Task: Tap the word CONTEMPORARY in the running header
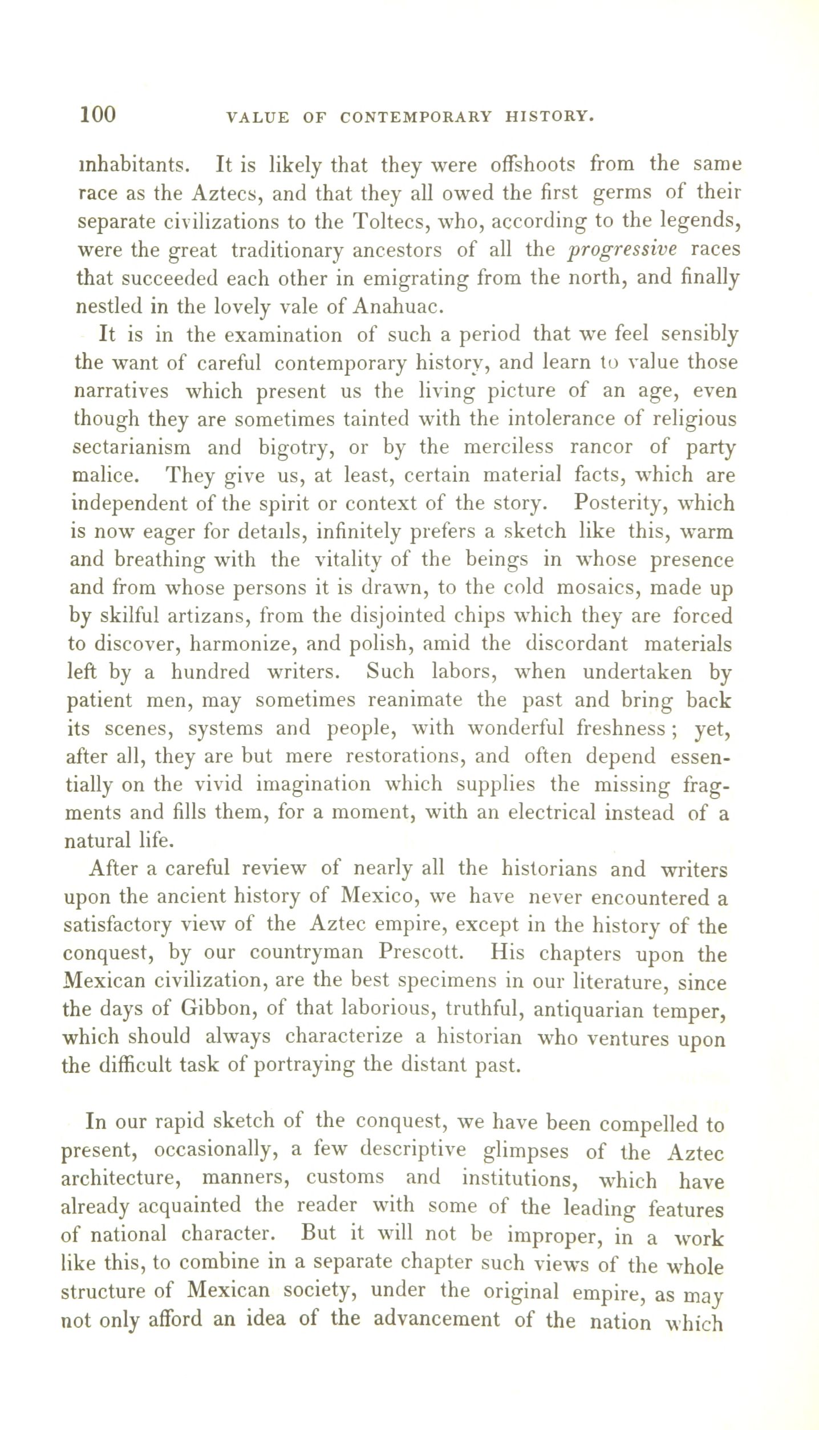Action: (415, 117)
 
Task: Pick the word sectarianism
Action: (132, 447)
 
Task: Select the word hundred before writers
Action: (210, 671)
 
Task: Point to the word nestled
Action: (108, 307)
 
